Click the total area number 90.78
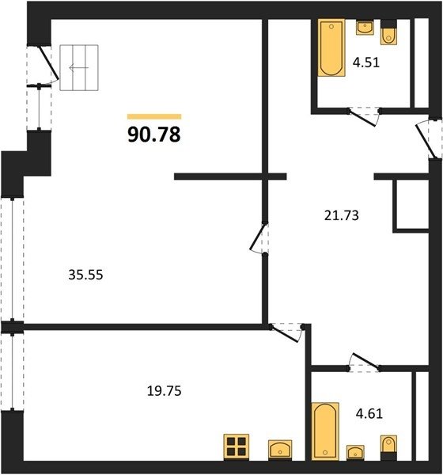[x=154, y=135]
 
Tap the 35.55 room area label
[x=85, y=275]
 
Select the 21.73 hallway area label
[x=341, y=215]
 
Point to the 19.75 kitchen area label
[x=164, y=391]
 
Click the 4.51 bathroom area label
[x=366, y=63]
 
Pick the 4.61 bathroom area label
[x=369, y=413]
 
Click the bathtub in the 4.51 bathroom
[x=331, y=48]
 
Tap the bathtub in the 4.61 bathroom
[x=325, y=431]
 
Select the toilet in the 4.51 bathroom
[x=388, y=33]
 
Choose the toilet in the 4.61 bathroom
[x=388, y=448]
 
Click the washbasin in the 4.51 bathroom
[x=365, y=27]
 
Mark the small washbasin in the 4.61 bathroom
[x=355, y=453]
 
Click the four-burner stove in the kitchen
[x=237, y=446]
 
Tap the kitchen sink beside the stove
[x=280, y=450]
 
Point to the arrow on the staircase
[x=79, y=67]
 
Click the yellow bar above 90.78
[x=154, y=116]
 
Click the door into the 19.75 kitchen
[x=286, y=333]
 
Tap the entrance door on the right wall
[x=427, y=139]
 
